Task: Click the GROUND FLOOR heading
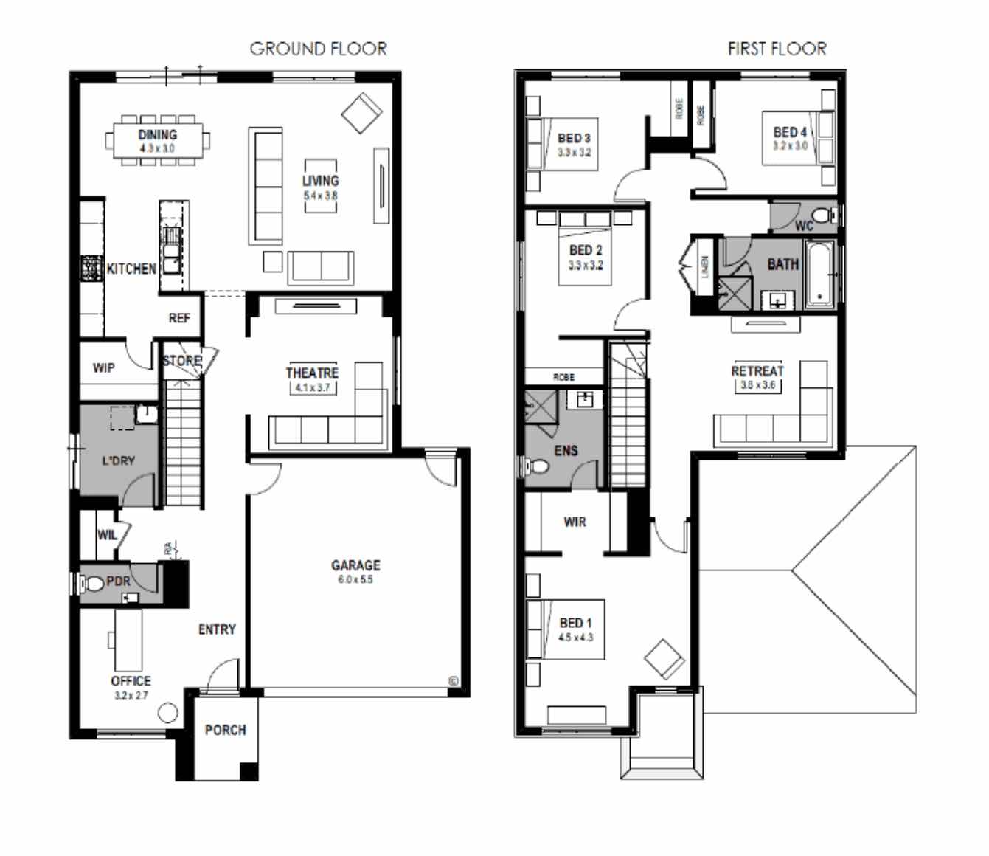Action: point(318,49)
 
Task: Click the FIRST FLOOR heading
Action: point(777,49)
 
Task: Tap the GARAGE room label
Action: point(355,565)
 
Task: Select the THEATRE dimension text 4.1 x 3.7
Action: point(312,387)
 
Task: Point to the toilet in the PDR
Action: point(94,584)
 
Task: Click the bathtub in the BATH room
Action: point(819,274)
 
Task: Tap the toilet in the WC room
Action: point(830,215)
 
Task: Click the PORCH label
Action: point(225,730)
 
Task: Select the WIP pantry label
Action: point(103,367)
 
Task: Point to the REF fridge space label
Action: point(178,318)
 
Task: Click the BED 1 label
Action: point(575,623)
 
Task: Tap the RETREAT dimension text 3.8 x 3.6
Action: point(757,385)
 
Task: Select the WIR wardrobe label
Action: point(575,522)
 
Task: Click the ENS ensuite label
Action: point(566,450)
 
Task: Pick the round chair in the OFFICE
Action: point(168,713)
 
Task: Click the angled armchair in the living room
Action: point(361,113)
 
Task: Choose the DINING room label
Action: point(157,134)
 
